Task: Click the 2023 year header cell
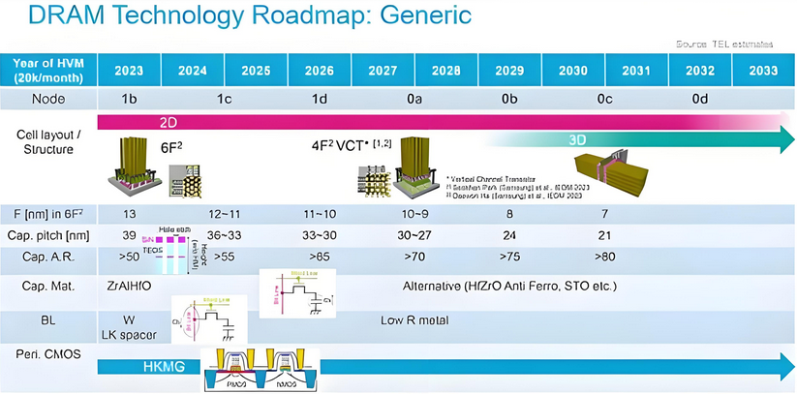pos(129,71)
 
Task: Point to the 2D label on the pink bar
pos(168,124)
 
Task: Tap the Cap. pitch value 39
pos(129,235)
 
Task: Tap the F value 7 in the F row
pos(604,212)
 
